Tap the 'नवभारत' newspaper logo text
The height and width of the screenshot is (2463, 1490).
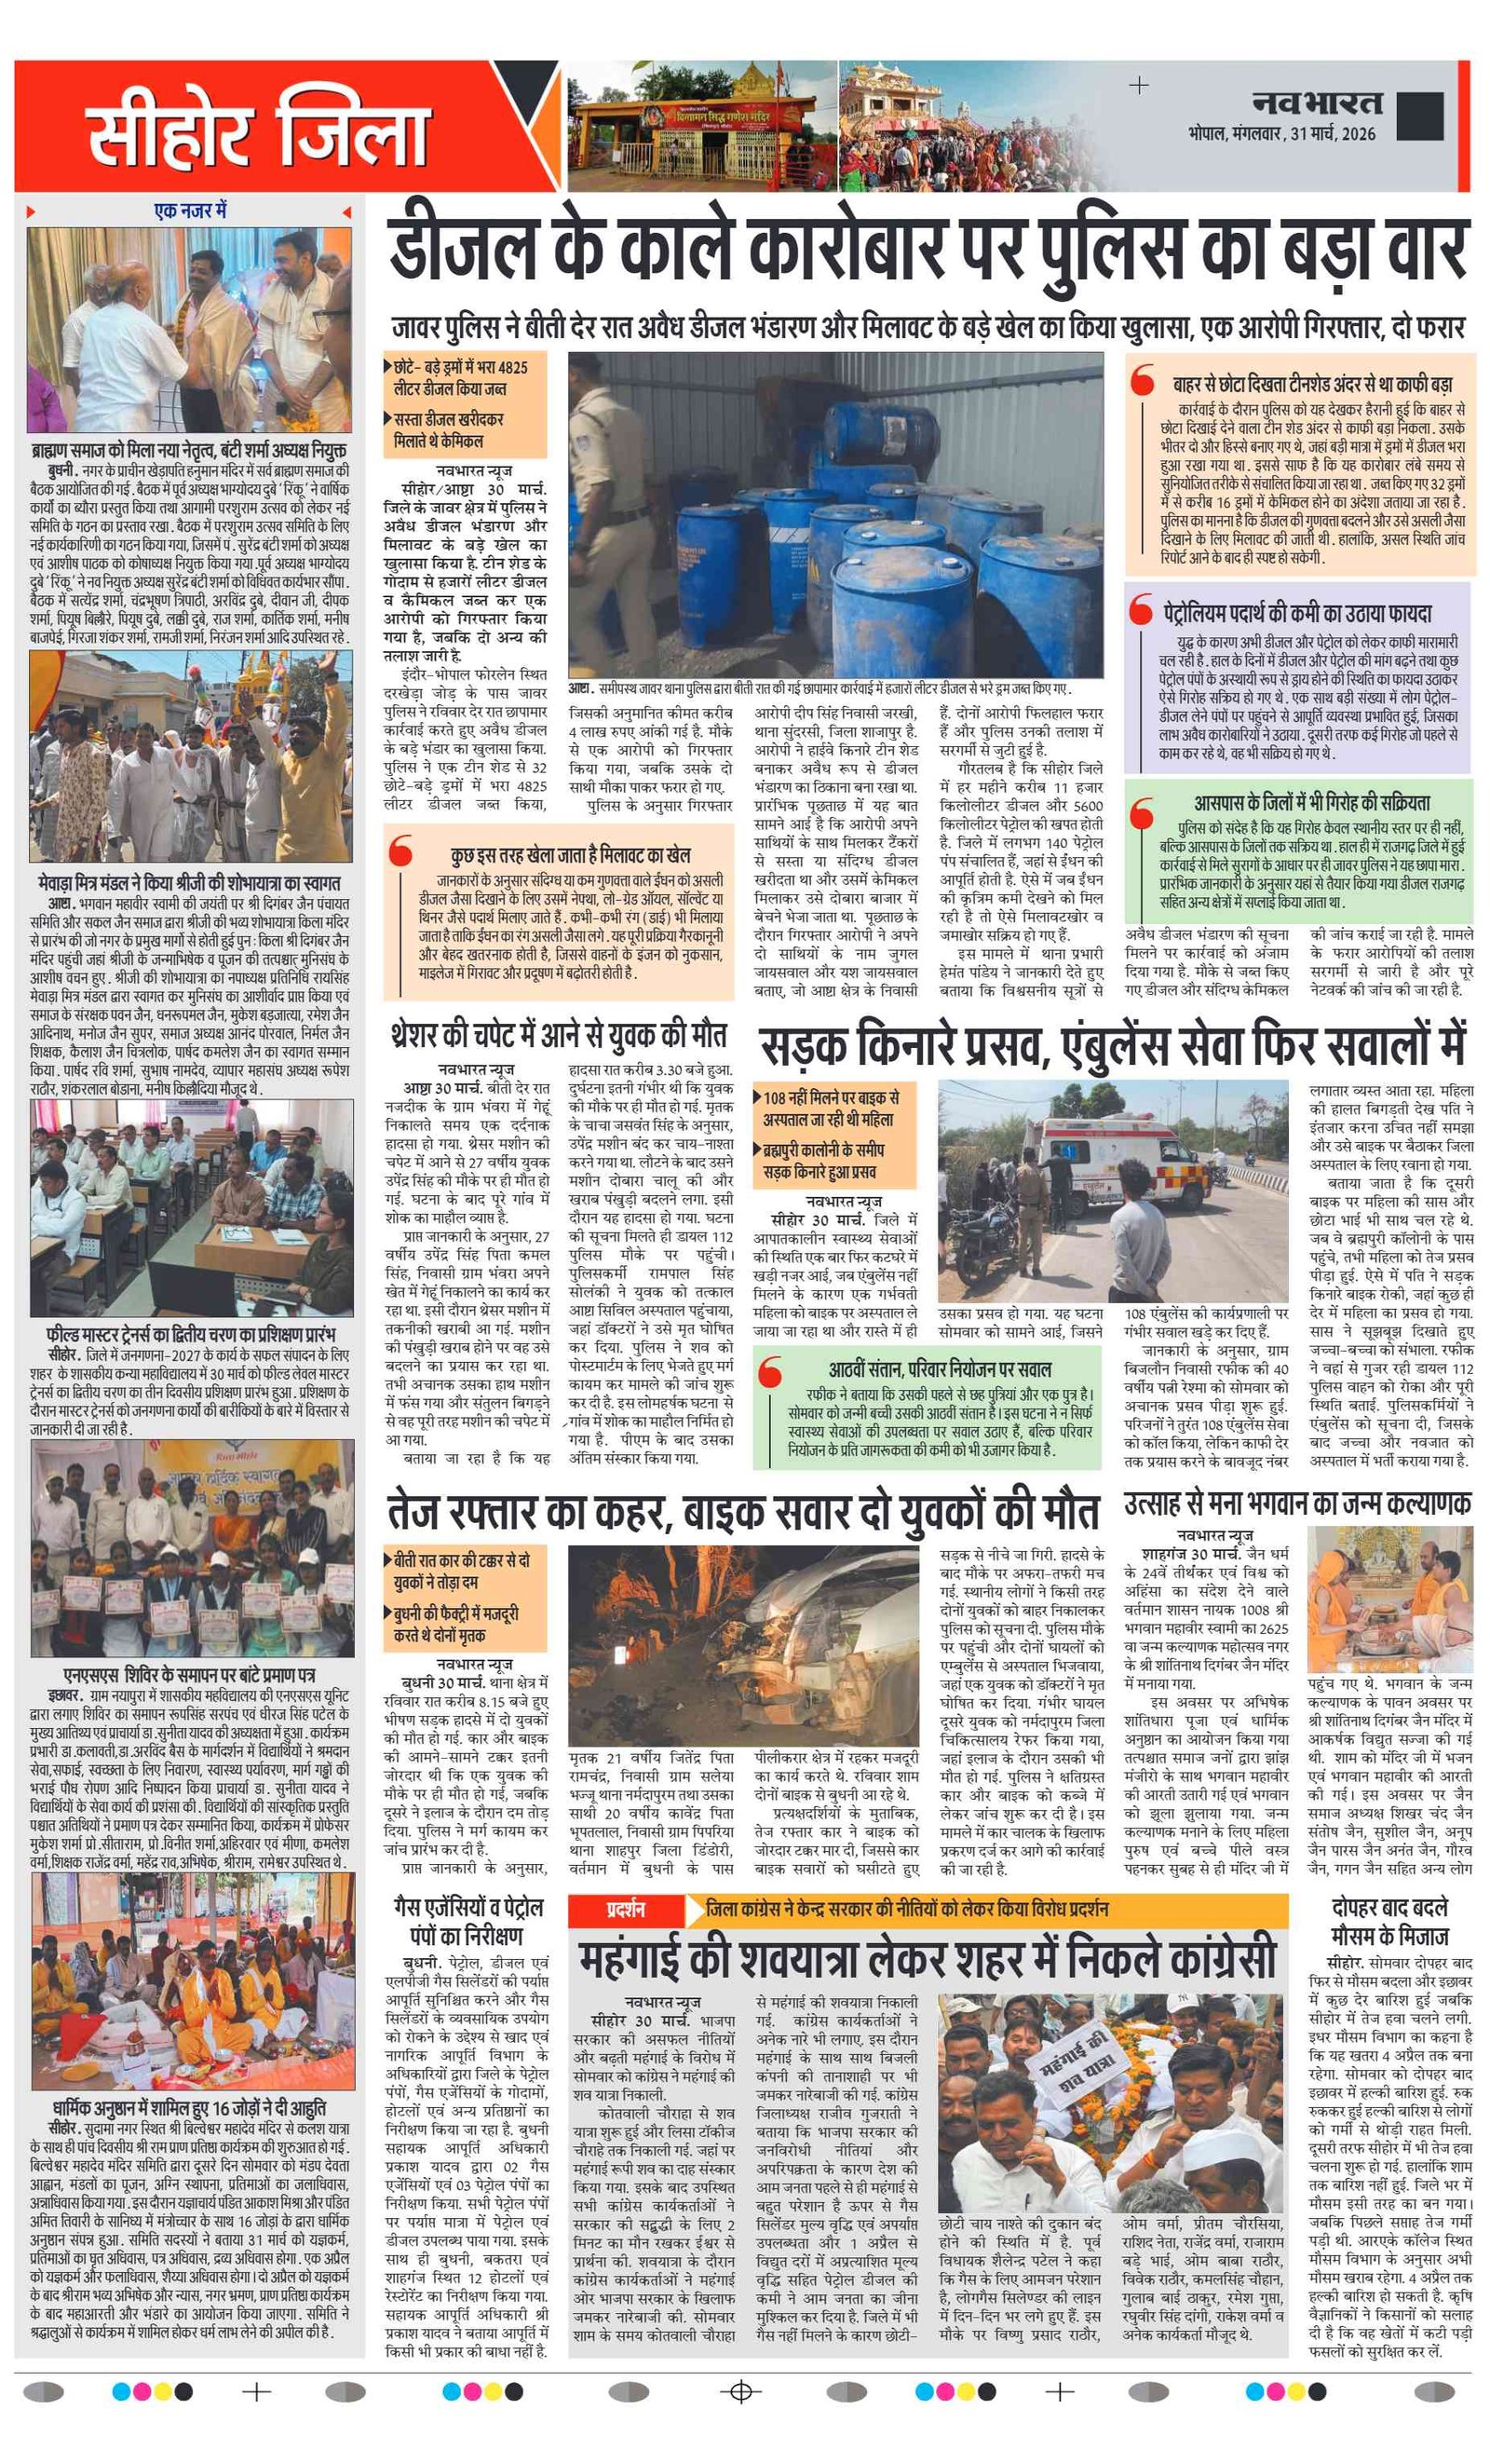[x=1317, y=103]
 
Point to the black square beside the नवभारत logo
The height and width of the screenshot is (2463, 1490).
[x=1420, y=116]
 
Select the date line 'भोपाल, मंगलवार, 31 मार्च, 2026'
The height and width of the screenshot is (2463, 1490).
[x=1282, y=134]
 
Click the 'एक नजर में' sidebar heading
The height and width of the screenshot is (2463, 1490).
[x=190, y=211]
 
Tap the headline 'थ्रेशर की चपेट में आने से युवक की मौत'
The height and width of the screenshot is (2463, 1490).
[x=558, y=1035]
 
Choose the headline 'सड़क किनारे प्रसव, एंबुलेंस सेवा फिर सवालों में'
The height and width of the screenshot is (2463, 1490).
[x=1112, y=1044]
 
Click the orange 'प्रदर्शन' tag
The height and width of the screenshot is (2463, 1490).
[x=626, y=1911]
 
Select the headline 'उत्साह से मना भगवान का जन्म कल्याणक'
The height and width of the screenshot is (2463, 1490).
[x=1297, y=1504]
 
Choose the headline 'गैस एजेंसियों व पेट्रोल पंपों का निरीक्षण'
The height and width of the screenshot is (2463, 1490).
[x=467, y=1921]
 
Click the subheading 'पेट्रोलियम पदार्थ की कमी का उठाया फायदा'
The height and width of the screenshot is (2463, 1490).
[x=1296, y=613]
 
